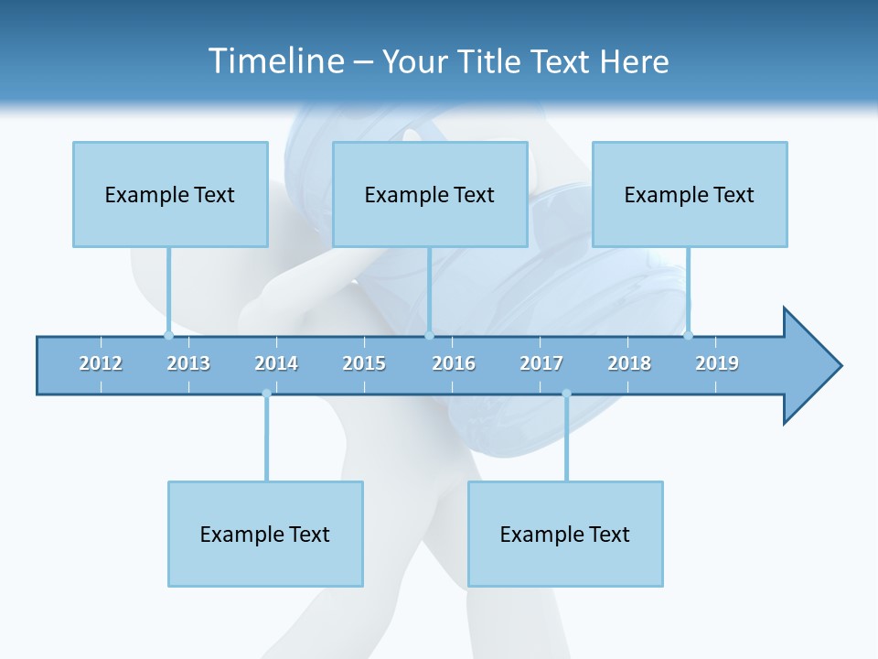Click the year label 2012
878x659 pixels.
101,363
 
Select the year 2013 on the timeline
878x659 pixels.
188,363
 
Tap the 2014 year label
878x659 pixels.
276,363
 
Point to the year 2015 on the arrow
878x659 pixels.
364,363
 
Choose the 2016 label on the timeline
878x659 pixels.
454,363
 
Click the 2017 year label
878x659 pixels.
541,363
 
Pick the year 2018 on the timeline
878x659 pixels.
629,363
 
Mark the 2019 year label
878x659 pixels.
717,363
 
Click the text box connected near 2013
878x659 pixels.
170,194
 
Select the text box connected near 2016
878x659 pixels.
430,194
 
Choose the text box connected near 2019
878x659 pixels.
690,194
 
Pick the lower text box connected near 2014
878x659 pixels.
265,534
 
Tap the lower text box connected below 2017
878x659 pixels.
565,534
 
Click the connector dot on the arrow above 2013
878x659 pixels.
168,335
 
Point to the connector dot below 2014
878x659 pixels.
266,394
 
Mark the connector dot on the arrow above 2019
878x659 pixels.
688,335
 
